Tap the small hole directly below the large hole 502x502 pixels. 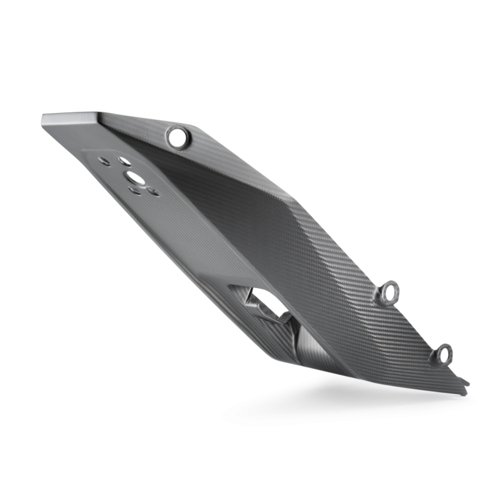click(134, 191)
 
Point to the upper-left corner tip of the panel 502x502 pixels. click(42, 117)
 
